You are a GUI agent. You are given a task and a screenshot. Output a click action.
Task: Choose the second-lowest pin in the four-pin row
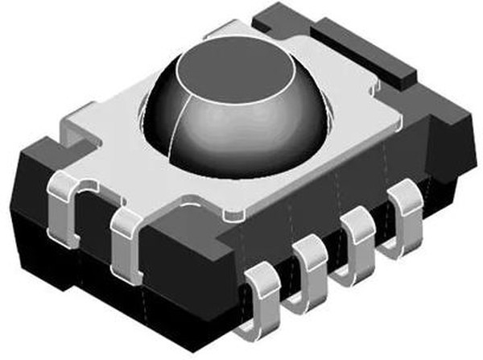coord(310,262)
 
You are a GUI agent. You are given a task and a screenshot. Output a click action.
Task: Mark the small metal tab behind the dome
coord(217,32)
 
